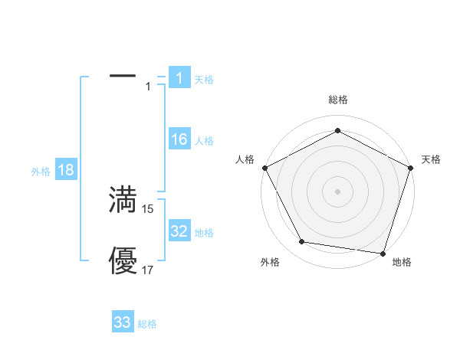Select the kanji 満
(x=123, y=200)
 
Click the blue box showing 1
(x=179, y=78)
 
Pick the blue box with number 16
(x=179, y=140)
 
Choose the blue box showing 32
(x=179, y=232)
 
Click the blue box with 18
(x=66, y=171)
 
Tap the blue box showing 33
(x=123, y=322)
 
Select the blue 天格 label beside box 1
(x=204, y=80)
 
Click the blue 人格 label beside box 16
(x=204, y=141)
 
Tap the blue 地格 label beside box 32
(x=204, y=233)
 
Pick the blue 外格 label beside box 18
(x=41, y=172)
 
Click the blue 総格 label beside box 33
(x=147, y=324)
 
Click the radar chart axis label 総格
(x=338, y=100)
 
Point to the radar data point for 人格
(x=265, y=167)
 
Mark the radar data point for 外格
(x=302, y=242)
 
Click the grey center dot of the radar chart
(x=338, y=191)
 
